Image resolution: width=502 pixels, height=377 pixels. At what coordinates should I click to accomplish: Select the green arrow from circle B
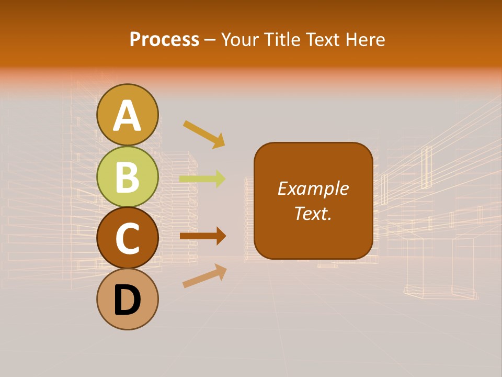pyautogui.click(x=202, y=179)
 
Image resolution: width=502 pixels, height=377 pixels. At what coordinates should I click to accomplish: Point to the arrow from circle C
pyautogui.click(x=203, y=236)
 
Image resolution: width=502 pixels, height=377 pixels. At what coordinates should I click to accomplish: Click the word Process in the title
pyautogui.click(x=164, y=39)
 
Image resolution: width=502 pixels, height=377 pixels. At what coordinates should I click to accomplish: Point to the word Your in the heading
pyautogui.click(x=238, y=39)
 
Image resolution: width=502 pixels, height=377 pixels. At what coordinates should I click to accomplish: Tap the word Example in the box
pyautogui.click(x=313, y=188)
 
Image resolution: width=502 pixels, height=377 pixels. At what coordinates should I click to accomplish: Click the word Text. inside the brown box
pyautogui.click(x=313, y=213)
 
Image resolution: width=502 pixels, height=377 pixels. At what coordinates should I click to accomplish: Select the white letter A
pyautogui.click(x=128, y=116)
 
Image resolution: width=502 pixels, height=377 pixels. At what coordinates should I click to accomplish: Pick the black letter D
pyautogui.click(x=128, y=301)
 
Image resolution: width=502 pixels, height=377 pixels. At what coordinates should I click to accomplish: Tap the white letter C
pyautogui.click(x=128, y=239)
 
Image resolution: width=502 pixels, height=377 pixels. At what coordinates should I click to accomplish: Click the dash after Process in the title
pyautogui.click(x=210, y=40)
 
